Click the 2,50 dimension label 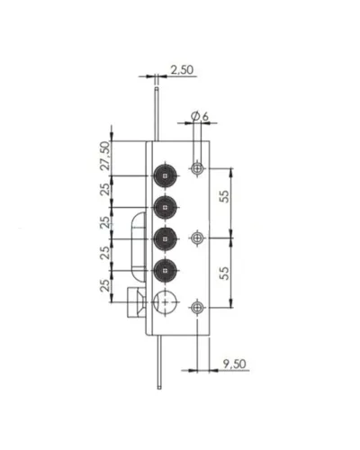pyautogui.click(x=182, y=70)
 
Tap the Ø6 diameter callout pyautogui.click(x=200, y=116)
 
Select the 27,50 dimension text pyautogui.click(x=105, y=156)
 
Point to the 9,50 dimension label pyautogui.click(x=234, y=364)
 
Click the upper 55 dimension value pyautogui.click(x=224, y=196)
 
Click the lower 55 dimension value pyautogui.click(x=224, y=273)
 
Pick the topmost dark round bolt pyautogui.click(x=165, y=175)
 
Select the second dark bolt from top pyautogui.click(x=165, y=207)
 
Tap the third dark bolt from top pyautogui.click(x=165, y=239)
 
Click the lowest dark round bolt pyautogui.click(x=165, y=271)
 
